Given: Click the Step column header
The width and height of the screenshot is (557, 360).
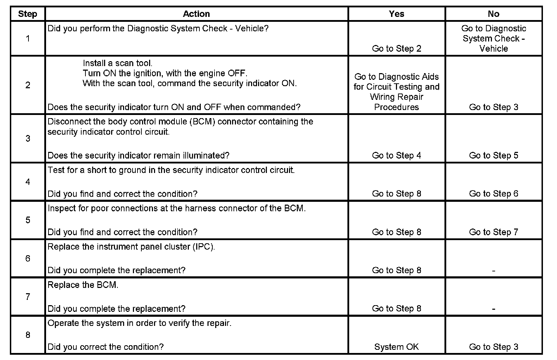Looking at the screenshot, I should pyautogui.click(x=27, y=14).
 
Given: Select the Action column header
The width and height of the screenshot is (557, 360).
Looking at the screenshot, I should pyautogui.click(x=196, y=14).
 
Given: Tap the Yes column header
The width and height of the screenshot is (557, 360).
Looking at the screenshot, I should pyautogui.click(x=396, y=14).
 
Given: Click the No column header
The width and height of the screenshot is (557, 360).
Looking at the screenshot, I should pyautogui.click(x=493, y=14).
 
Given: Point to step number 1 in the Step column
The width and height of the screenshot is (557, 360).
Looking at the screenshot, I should pyautogui.click(x=28, y=39).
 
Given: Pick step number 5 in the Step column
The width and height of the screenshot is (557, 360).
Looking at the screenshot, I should pyautogui.click(x=28, y=220).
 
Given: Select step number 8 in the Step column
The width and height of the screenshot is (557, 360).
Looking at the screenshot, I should pyautogui.click(x=28, y=335).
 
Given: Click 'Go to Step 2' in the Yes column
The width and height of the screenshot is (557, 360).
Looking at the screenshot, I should pyautogui.click(x=396, y=49).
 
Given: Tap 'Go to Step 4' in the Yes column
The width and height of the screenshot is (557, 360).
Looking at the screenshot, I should pyautogui.click(x=396, y=155).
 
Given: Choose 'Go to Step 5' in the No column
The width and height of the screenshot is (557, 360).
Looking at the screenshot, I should pyautogui.click(x=493, y=155).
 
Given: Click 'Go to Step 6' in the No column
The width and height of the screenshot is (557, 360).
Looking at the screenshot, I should pyautogui.click(x=493, y=194).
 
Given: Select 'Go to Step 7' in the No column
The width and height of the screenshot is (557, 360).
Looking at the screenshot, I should pyautogui.click(x=493, y=232).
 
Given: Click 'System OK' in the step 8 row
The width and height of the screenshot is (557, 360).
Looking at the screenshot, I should pyautogui.click(x=396, y=347).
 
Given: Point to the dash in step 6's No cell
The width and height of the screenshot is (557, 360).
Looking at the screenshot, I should pyautogui.click(x=493, y=271).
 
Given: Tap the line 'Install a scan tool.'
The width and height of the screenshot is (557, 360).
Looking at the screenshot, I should pyautogui.click(x=117, y=63).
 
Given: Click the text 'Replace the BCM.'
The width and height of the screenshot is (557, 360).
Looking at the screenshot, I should pyautogui.click(x=83, y=285).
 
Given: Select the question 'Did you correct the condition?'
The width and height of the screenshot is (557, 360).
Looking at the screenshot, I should pyautogui.click(x=105, y=347).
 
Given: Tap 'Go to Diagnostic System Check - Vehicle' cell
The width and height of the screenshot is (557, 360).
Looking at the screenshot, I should pyautogui.click(x=493, y=39).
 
